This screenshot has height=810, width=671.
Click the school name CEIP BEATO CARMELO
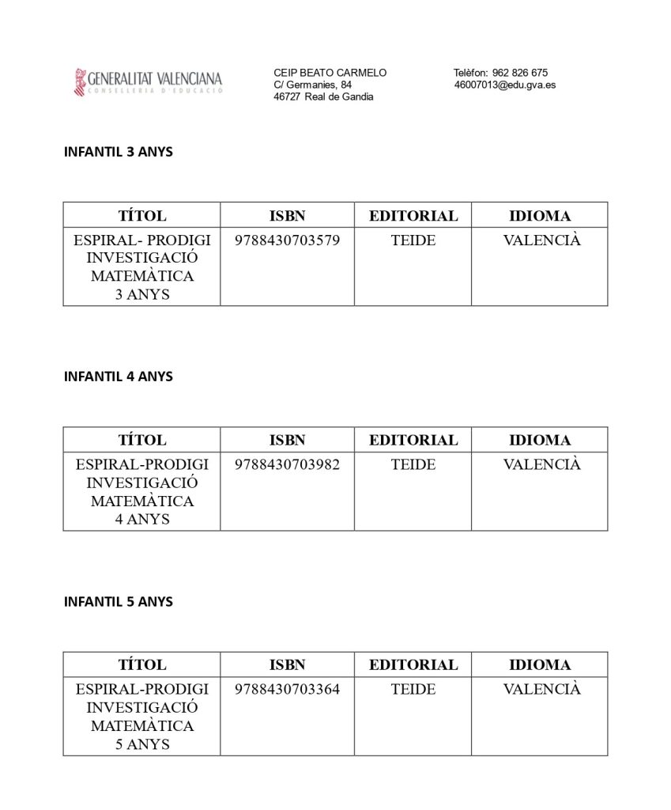[330, 73]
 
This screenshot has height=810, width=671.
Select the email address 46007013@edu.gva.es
[504, 85]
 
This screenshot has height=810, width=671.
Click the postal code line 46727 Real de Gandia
[323, 97]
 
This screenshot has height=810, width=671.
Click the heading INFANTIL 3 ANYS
[118, 152]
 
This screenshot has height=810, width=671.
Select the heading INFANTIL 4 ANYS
[118, 377]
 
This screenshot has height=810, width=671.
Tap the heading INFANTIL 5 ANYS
[118, 602]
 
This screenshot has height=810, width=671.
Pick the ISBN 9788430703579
[287, 240]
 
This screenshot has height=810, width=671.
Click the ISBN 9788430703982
[287, 464]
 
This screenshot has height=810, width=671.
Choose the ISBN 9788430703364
[287, 689]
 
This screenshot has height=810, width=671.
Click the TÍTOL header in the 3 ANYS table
[142, 215]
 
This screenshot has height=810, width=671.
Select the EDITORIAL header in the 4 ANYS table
[413, 440]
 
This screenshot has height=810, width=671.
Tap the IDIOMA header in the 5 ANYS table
[540, 664]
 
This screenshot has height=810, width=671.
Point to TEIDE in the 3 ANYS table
[413, 240]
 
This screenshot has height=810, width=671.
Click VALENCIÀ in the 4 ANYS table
[541, 464]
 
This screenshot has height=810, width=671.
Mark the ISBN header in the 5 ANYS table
[287, 664]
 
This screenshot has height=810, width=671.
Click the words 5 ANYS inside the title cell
[142, 744]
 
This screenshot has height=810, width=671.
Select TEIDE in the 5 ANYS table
[413, 689]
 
